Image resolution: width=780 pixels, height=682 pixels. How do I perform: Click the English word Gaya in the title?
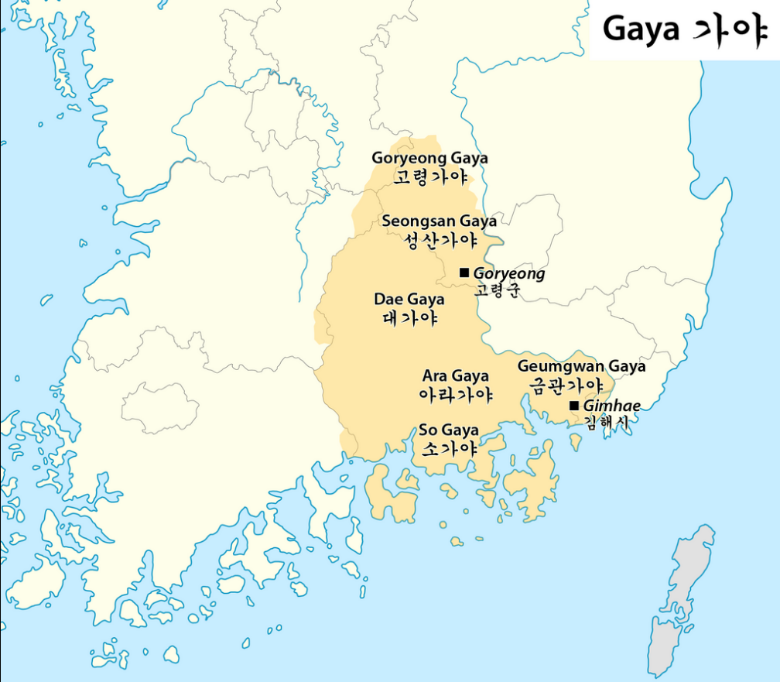point(641,30)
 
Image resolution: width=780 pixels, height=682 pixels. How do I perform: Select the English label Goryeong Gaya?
point(429,159)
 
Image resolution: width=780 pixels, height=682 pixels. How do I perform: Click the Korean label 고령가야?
point(430,177)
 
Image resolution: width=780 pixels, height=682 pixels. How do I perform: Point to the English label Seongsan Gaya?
point(439,221)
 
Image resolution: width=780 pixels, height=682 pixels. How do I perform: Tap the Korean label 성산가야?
point(440,240)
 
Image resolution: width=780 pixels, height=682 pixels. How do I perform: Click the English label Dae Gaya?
point(409,300)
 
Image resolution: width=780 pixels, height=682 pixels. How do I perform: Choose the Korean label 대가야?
point(410,318)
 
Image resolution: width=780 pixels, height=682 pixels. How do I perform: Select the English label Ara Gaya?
point(455,376)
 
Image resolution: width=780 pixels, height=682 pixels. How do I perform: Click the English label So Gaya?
point(449,430)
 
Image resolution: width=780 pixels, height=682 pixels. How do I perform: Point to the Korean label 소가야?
point(449,448)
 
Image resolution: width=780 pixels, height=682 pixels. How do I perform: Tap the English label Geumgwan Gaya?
point(581,366)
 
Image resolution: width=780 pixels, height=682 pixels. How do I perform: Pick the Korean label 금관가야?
point(566,385)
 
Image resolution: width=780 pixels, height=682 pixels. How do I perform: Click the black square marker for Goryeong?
point(464,272)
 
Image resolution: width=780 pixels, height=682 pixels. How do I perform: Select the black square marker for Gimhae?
point(573,406)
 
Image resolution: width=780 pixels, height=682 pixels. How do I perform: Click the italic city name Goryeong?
point(508,273)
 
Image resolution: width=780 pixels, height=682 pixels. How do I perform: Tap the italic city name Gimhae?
point(611,406)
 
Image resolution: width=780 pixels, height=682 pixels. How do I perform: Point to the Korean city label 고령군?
point(498,291)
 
